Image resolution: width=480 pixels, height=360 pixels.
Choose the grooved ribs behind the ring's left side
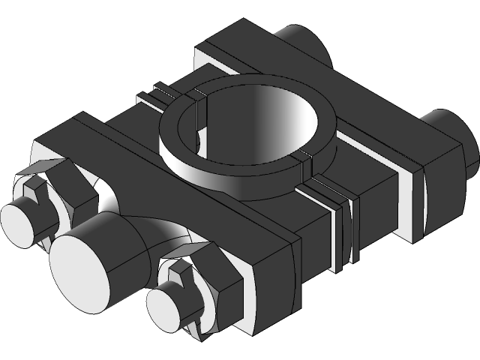point(161,96)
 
